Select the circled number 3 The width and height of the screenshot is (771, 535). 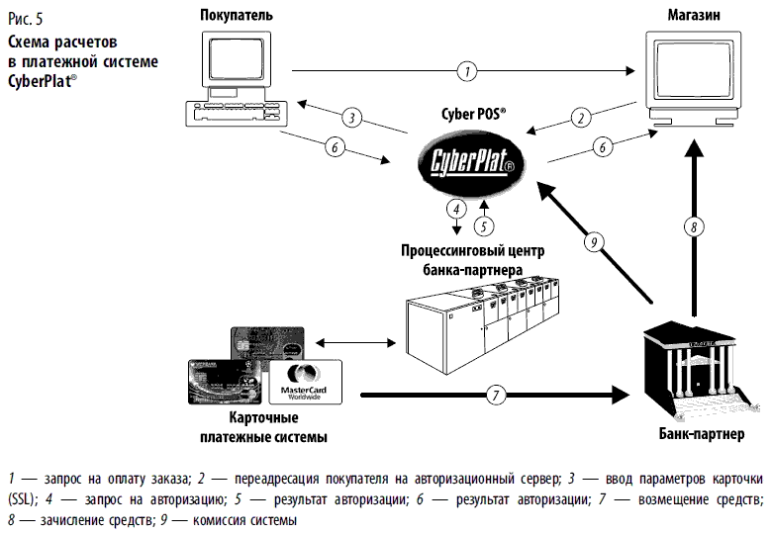[x=349, y=118]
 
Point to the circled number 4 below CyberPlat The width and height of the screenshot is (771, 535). [x=455, y=209]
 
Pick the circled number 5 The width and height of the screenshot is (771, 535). [x=483, y=223]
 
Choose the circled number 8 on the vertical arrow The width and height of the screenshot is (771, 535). [x=696, y=226]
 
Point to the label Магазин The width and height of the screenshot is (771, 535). [x=691, y=16]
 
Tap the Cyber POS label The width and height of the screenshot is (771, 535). [x=473, y=114]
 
